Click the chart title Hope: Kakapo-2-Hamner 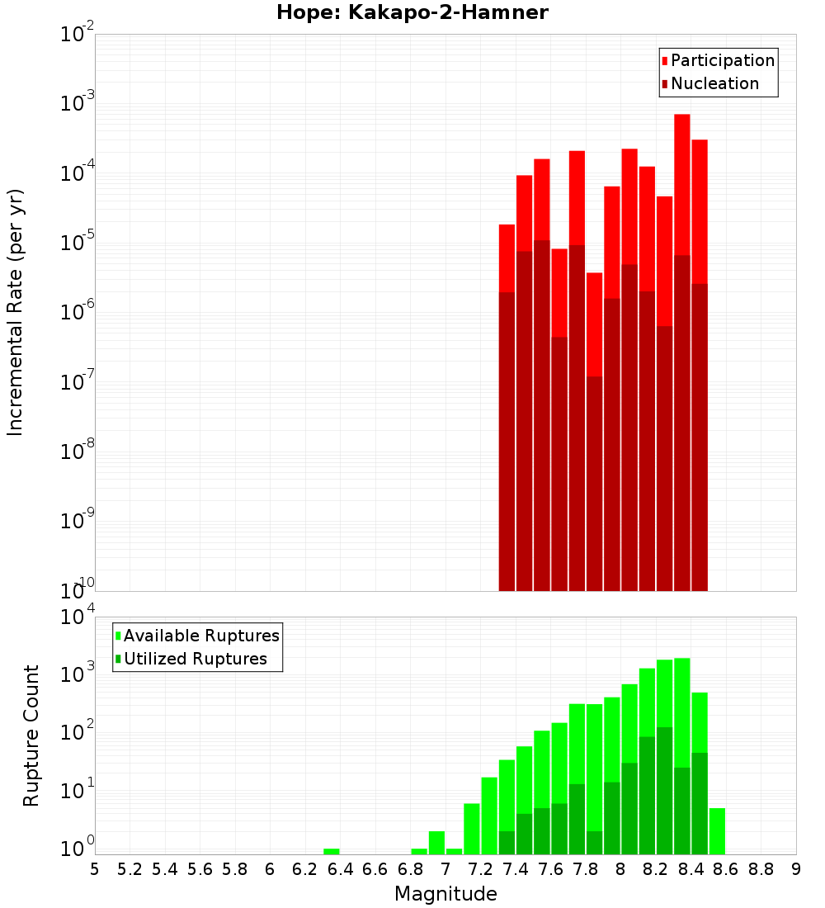click(412, 12)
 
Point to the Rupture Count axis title click(31, 735)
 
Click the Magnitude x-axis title click(445, 894)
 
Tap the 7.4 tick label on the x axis click(515, 869)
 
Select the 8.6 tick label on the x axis click(726, 869)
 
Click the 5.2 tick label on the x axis click(130, 869)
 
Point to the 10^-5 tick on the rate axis click(78, 244)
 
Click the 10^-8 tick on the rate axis click(78, 452)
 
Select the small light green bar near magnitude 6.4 click(332, 851)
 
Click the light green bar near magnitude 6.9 click(419, 851)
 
